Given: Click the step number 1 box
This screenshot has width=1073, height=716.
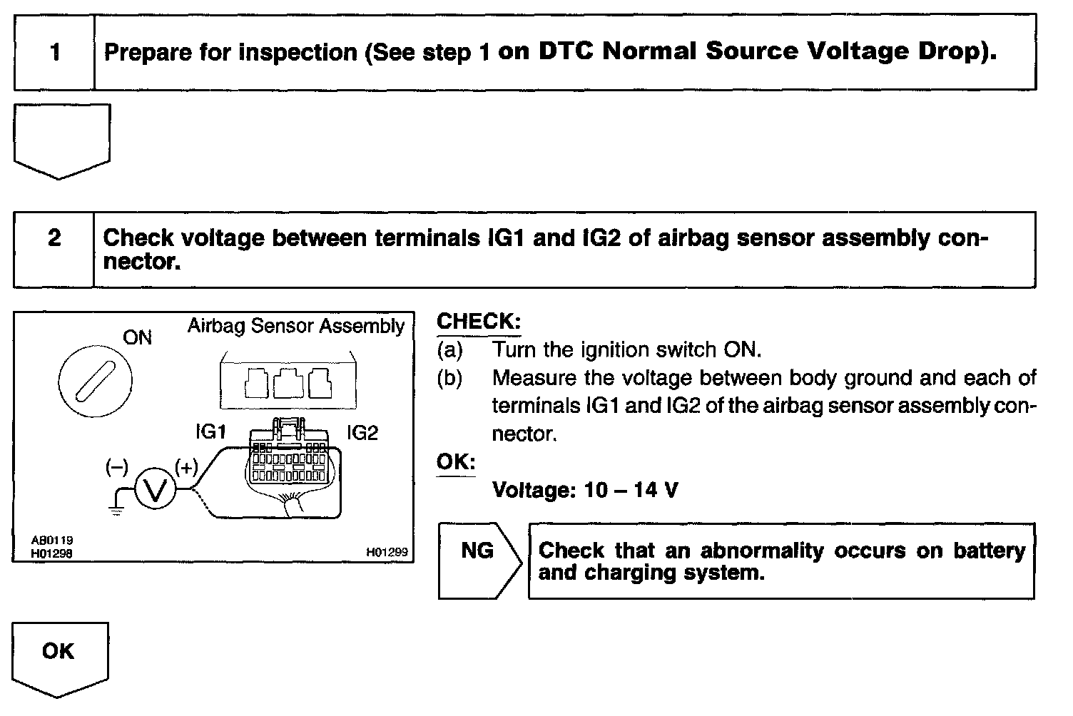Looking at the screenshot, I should [55, 52].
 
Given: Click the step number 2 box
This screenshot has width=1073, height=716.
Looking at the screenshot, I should [54, 238].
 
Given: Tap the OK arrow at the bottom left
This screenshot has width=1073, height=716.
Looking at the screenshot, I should [59, 653].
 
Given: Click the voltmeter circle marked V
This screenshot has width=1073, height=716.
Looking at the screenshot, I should [155, 489].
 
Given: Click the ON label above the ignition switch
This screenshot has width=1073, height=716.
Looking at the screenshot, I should [137, 337].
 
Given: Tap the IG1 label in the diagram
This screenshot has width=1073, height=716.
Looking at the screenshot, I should [210, 432].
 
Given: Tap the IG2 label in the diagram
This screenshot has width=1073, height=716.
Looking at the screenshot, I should [362, 432].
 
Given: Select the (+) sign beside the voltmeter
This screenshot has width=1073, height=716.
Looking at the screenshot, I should [185, 468].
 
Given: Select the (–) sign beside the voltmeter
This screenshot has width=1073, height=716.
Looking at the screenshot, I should [116, 468].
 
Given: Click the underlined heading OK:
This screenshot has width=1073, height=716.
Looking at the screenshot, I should [456, 462].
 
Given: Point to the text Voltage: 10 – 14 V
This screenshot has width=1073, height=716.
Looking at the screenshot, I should [585, 491].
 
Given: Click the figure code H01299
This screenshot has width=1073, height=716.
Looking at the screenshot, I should [387, 551].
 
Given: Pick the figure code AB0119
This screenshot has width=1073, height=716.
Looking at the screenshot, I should [51, 541].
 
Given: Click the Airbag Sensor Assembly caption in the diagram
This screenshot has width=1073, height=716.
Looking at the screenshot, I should [295, 327].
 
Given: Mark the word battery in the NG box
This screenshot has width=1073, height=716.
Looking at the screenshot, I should [989, 551].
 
